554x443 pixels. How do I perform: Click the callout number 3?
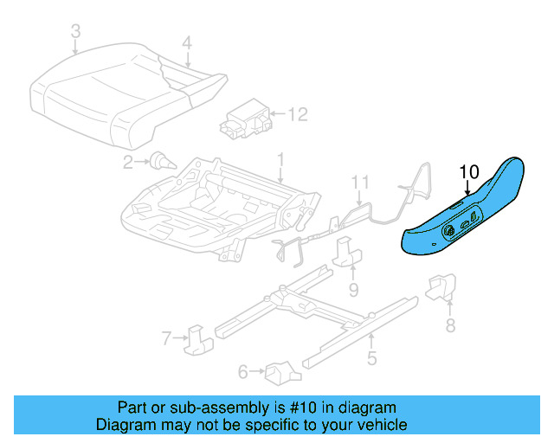75,32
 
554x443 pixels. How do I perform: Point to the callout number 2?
128,161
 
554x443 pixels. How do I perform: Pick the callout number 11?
360,182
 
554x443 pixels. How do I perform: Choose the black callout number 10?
468,171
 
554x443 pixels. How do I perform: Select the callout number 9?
354,288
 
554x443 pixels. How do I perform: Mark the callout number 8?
449,325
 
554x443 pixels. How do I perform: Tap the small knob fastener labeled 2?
160,159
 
